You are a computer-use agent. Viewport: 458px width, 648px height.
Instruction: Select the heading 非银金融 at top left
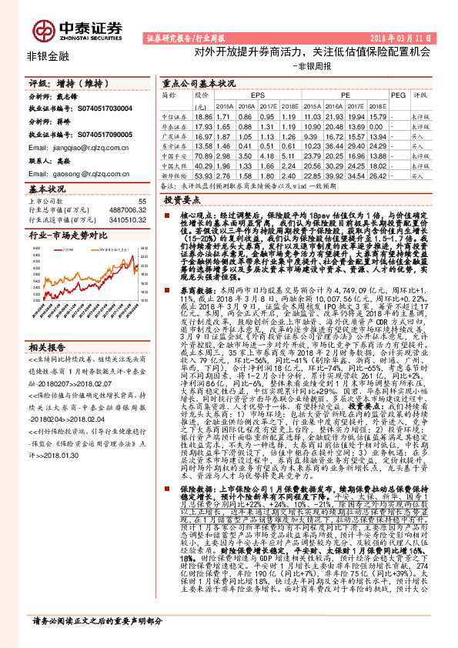coord(47,56)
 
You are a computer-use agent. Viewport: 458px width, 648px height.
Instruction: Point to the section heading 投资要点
coord(182,199)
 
